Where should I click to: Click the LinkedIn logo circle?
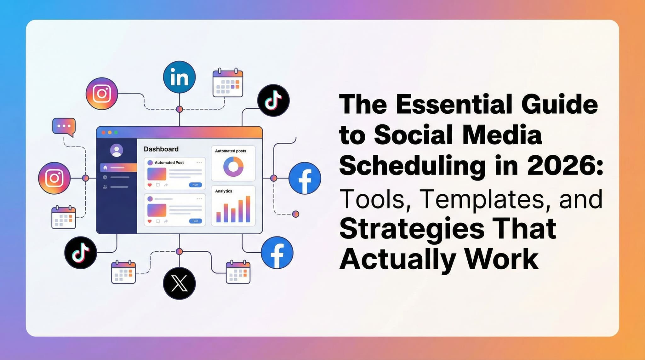click(179, 77)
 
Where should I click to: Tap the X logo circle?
click(179, 283)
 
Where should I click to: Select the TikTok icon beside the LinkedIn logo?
click(273, 100)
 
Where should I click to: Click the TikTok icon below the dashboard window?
click(80, 252)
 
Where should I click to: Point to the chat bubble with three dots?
click(64, 126)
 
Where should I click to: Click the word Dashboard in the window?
click(161, 149)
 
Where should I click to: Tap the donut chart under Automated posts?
click(233, 167)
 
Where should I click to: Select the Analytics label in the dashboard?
click(223, 191)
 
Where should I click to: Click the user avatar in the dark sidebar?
click(117, 150)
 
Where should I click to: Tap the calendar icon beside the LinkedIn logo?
click(228, 83)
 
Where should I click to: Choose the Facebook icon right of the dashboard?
click(305, 178)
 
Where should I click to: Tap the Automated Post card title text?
click(169, 163)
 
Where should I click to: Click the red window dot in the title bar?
click(104, 133)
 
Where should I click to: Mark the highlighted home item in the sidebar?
click(118, 168)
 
